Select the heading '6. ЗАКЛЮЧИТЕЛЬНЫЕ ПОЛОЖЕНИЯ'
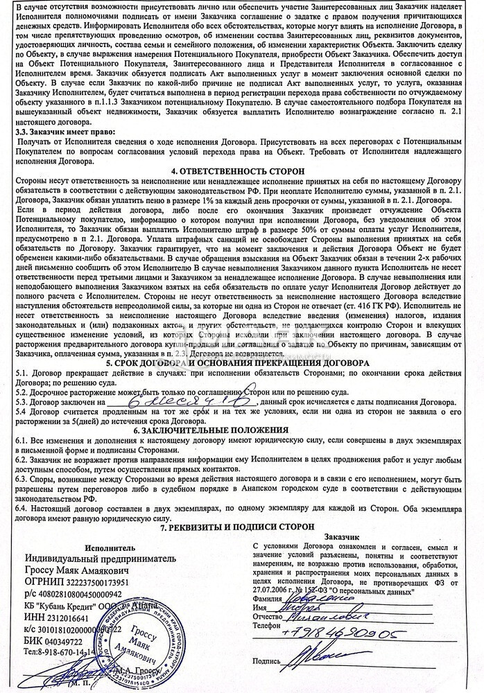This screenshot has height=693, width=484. [241, 430]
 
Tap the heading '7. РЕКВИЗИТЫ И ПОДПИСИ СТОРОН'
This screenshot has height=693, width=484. [241, 526]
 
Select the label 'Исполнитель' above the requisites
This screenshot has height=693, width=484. [100, 547]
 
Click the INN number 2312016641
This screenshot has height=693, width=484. [71, 617]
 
